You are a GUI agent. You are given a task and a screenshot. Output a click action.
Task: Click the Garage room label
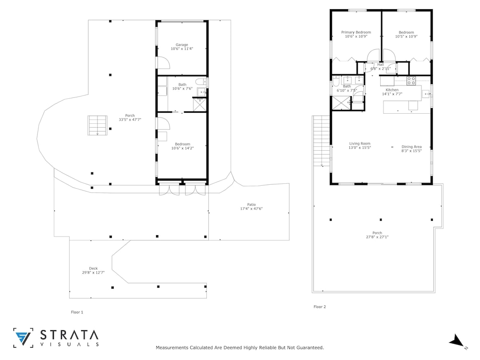(182, 45)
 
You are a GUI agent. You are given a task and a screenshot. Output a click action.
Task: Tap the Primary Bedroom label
(356, 32)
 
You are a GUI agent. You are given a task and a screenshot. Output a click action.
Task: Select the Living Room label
(360, 143)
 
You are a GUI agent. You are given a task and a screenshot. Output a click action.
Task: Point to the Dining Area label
(411, 146)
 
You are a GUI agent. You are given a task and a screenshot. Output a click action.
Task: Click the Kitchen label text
(392, 90)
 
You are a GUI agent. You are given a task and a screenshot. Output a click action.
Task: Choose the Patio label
(252, 204)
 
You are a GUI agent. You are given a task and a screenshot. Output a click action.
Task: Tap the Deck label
(94, 268)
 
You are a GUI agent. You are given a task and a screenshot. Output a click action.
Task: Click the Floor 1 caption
(77, 312)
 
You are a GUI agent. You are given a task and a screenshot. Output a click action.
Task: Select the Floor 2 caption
(320, 306)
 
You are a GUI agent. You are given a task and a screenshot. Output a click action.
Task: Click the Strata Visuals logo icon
(23, 338)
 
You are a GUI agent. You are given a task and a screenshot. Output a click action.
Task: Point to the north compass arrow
(456, 340)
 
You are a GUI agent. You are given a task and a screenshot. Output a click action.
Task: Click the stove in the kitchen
(411, 81)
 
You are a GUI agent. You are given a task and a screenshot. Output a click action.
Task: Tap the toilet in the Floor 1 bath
(201, 82)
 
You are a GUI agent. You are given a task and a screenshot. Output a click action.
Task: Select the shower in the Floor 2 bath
(341, 103)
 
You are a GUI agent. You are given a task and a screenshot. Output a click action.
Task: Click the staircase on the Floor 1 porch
(97, 125)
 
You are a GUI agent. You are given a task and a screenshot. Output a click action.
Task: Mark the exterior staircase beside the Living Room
(322, 141)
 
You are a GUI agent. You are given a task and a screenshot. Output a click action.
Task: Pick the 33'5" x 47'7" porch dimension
(130, 120)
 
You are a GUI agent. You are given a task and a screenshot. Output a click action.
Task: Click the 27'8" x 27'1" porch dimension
(377, 237)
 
